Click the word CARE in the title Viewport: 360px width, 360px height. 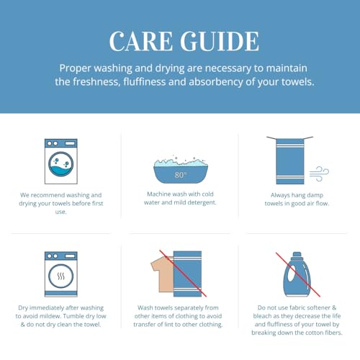pyautogui.click(x=141, y=41)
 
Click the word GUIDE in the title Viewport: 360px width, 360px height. pyautogui.click(x=220, y=41)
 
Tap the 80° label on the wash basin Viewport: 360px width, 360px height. pyautogui.click(x=181, y=175)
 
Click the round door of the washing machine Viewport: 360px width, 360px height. pyautogui.click(x=61, y=164)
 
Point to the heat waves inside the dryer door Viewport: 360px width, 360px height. pyautogui.click(x=61, y=276)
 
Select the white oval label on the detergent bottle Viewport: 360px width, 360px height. pyautogui.click(x=291, y=273)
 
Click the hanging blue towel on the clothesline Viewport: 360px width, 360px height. pyautogui.click(x=290, y=161)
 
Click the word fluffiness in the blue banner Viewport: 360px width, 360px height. pyautogui.click(x=145, y=82)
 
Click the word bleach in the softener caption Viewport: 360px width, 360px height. pyautogui.click(x=262, y=316)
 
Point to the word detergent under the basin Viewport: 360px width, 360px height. pyautogui.click(x=202, y=202)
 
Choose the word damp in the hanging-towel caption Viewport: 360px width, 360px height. pyautogui.click(x=315, y=195)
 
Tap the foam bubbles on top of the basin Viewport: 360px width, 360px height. pyautogui.click(x=181, y=163)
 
